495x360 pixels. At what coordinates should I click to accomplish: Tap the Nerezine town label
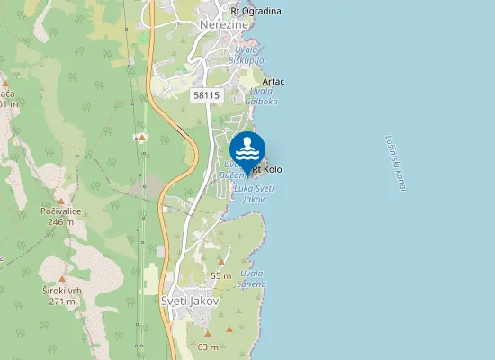[x=223, y=25]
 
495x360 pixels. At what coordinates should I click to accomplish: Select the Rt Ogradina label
[x=256, y=11]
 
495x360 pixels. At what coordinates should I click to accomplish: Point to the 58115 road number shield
[x=206, y=94]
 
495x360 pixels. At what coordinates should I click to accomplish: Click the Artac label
[x=274, y=82]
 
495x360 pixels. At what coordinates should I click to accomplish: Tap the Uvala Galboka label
[x=261, y=96]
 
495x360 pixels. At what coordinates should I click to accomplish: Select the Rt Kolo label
[x=267, y=169]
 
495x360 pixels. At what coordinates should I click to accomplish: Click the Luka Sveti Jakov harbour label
[x=254, y=193]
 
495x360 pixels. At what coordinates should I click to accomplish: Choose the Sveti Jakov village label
[x=190, y=301]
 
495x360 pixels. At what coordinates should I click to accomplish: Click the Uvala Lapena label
[x=252, y=278]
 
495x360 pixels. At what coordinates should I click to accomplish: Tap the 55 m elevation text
[x=221, y=274]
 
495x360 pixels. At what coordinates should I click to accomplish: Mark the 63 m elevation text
[x=208, y=346]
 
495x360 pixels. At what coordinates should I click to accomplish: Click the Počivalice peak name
[x=61, y=211]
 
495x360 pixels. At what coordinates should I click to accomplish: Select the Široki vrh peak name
[x=62, y=291]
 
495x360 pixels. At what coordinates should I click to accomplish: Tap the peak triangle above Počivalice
[x=60, y=201]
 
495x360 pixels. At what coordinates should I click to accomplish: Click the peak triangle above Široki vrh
[x=61, y=279]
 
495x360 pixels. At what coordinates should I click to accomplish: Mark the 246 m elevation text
[x=61, y=222]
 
